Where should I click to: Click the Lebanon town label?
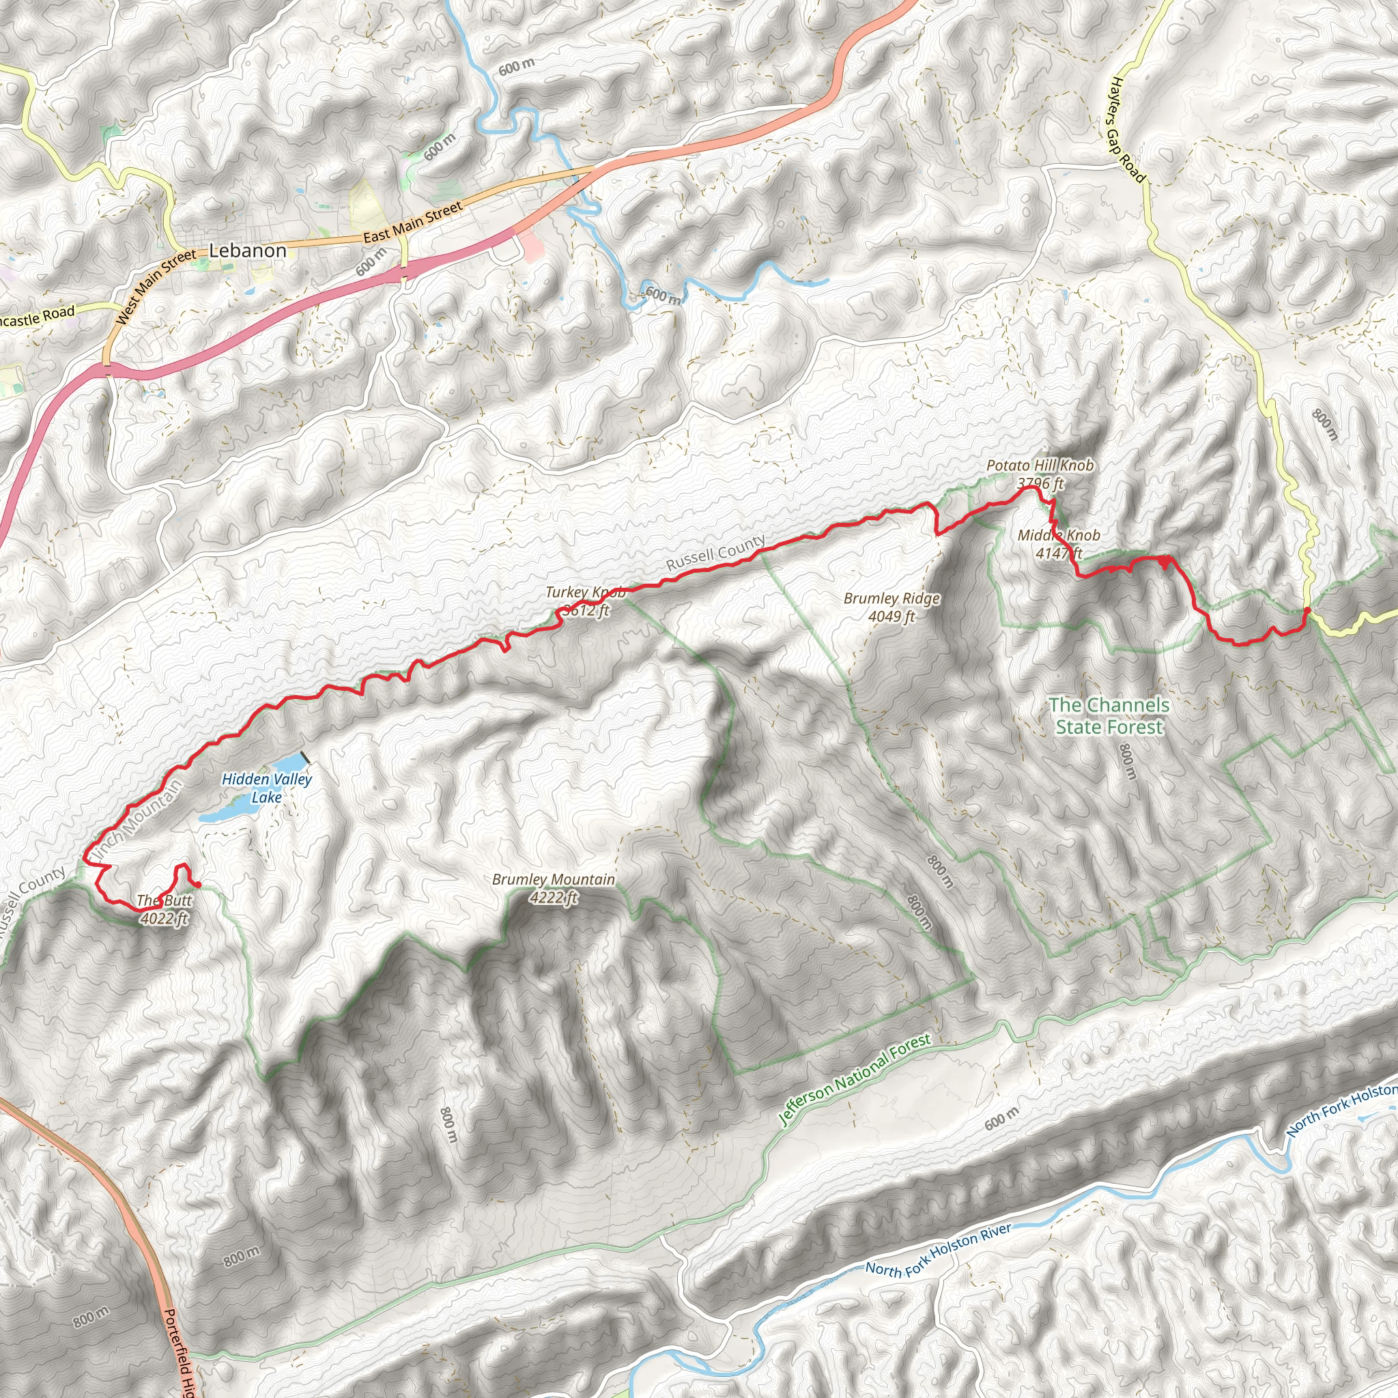point(248,251)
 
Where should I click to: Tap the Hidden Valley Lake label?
point(266,788)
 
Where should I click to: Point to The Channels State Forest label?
point(1109,715)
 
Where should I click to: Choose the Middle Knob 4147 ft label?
point(1059,544)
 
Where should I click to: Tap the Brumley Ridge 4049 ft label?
point(891,607)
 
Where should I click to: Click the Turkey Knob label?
point(586,601)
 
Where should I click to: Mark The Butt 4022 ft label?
point(165,909)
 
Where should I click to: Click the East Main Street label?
point(412,223)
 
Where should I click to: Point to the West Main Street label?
point(156,287)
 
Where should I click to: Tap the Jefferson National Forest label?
point(855,1080)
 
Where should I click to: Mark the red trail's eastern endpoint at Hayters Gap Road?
point(1307,611)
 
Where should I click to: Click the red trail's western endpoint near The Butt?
point(197,884)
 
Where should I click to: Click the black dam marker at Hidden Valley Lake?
point(305,758)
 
